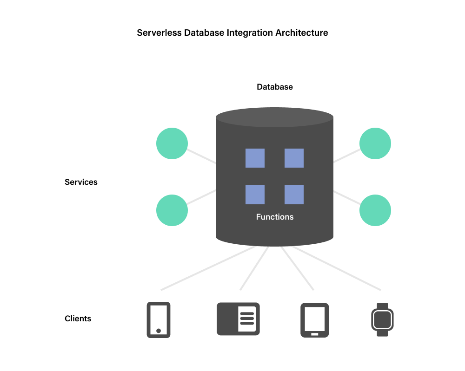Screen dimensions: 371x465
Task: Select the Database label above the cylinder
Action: (x=275, y=87)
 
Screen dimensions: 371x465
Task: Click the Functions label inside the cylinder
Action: (x=275, y=217)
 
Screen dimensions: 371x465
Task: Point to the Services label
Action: (x=81, y=182)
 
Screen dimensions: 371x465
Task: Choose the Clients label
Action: (x=78, y=319)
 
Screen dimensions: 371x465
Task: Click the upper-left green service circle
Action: (x=172, y=143)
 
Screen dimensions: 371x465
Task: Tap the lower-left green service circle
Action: (x=172, y=210)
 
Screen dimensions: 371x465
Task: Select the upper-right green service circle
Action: (x=375, y=143)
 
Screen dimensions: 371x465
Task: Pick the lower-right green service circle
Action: (x=375, y=210)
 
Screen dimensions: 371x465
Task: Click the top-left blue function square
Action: (x=255, y=158)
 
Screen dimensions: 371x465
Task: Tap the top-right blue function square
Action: (x=294, y=158)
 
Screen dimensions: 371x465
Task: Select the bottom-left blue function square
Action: (x=255, y=195)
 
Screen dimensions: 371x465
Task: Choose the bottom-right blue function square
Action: (x=294, y=195)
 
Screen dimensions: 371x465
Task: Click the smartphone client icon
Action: (x=159, y=319)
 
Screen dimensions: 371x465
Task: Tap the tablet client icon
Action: (x=315, y=319)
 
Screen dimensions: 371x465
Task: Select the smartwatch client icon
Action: (x=382, y=319)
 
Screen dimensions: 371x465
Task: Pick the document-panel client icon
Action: (x=238, y=319)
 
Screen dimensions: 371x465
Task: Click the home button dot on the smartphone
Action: (x=159, y=331)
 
